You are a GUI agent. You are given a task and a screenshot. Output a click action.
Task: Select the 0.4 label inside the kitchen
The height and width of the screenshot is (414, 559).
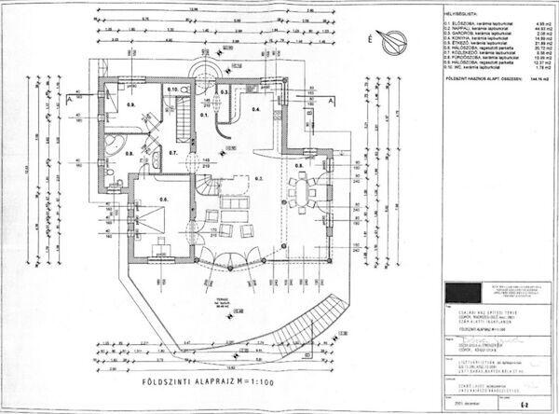coord(256,109)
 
